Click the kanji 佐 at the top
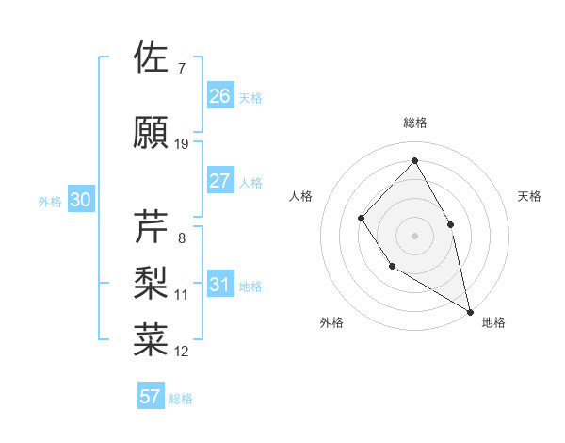tap(152, 57)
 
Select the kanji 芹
tap(152, 227)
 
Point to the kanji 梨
tap(152, 282)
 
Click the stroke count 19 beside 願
tap(182, 144)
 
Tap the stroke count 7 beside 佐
tap(182, 69)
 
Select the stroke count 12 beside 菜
tap(182, 352)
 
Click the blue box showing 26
tap(220, 95)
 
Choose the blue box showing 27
tap(220, 181)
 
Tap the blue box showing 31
tap(220, 285)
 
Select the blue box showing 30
tap(80, 200)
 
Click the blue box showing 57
tap(151, 397)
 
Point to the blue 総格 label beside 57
tap(181, 399)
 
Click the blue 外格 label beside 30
tap(50, 201)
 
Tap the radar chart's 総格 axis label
tap(414, 123)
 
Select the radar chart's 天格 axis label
tap(530, 196)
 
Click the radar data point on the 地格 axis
tap(470, 310)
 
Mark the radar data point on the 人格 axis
tap(362, 219)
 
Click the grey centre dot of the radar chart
tap(414, 235)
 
